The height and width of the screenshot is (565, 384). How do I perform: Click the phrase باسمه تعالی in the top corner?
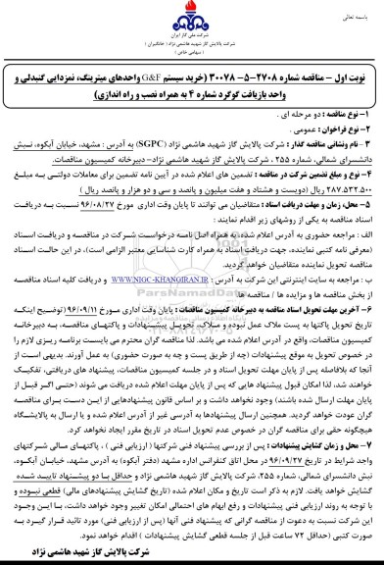point(353,13)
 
